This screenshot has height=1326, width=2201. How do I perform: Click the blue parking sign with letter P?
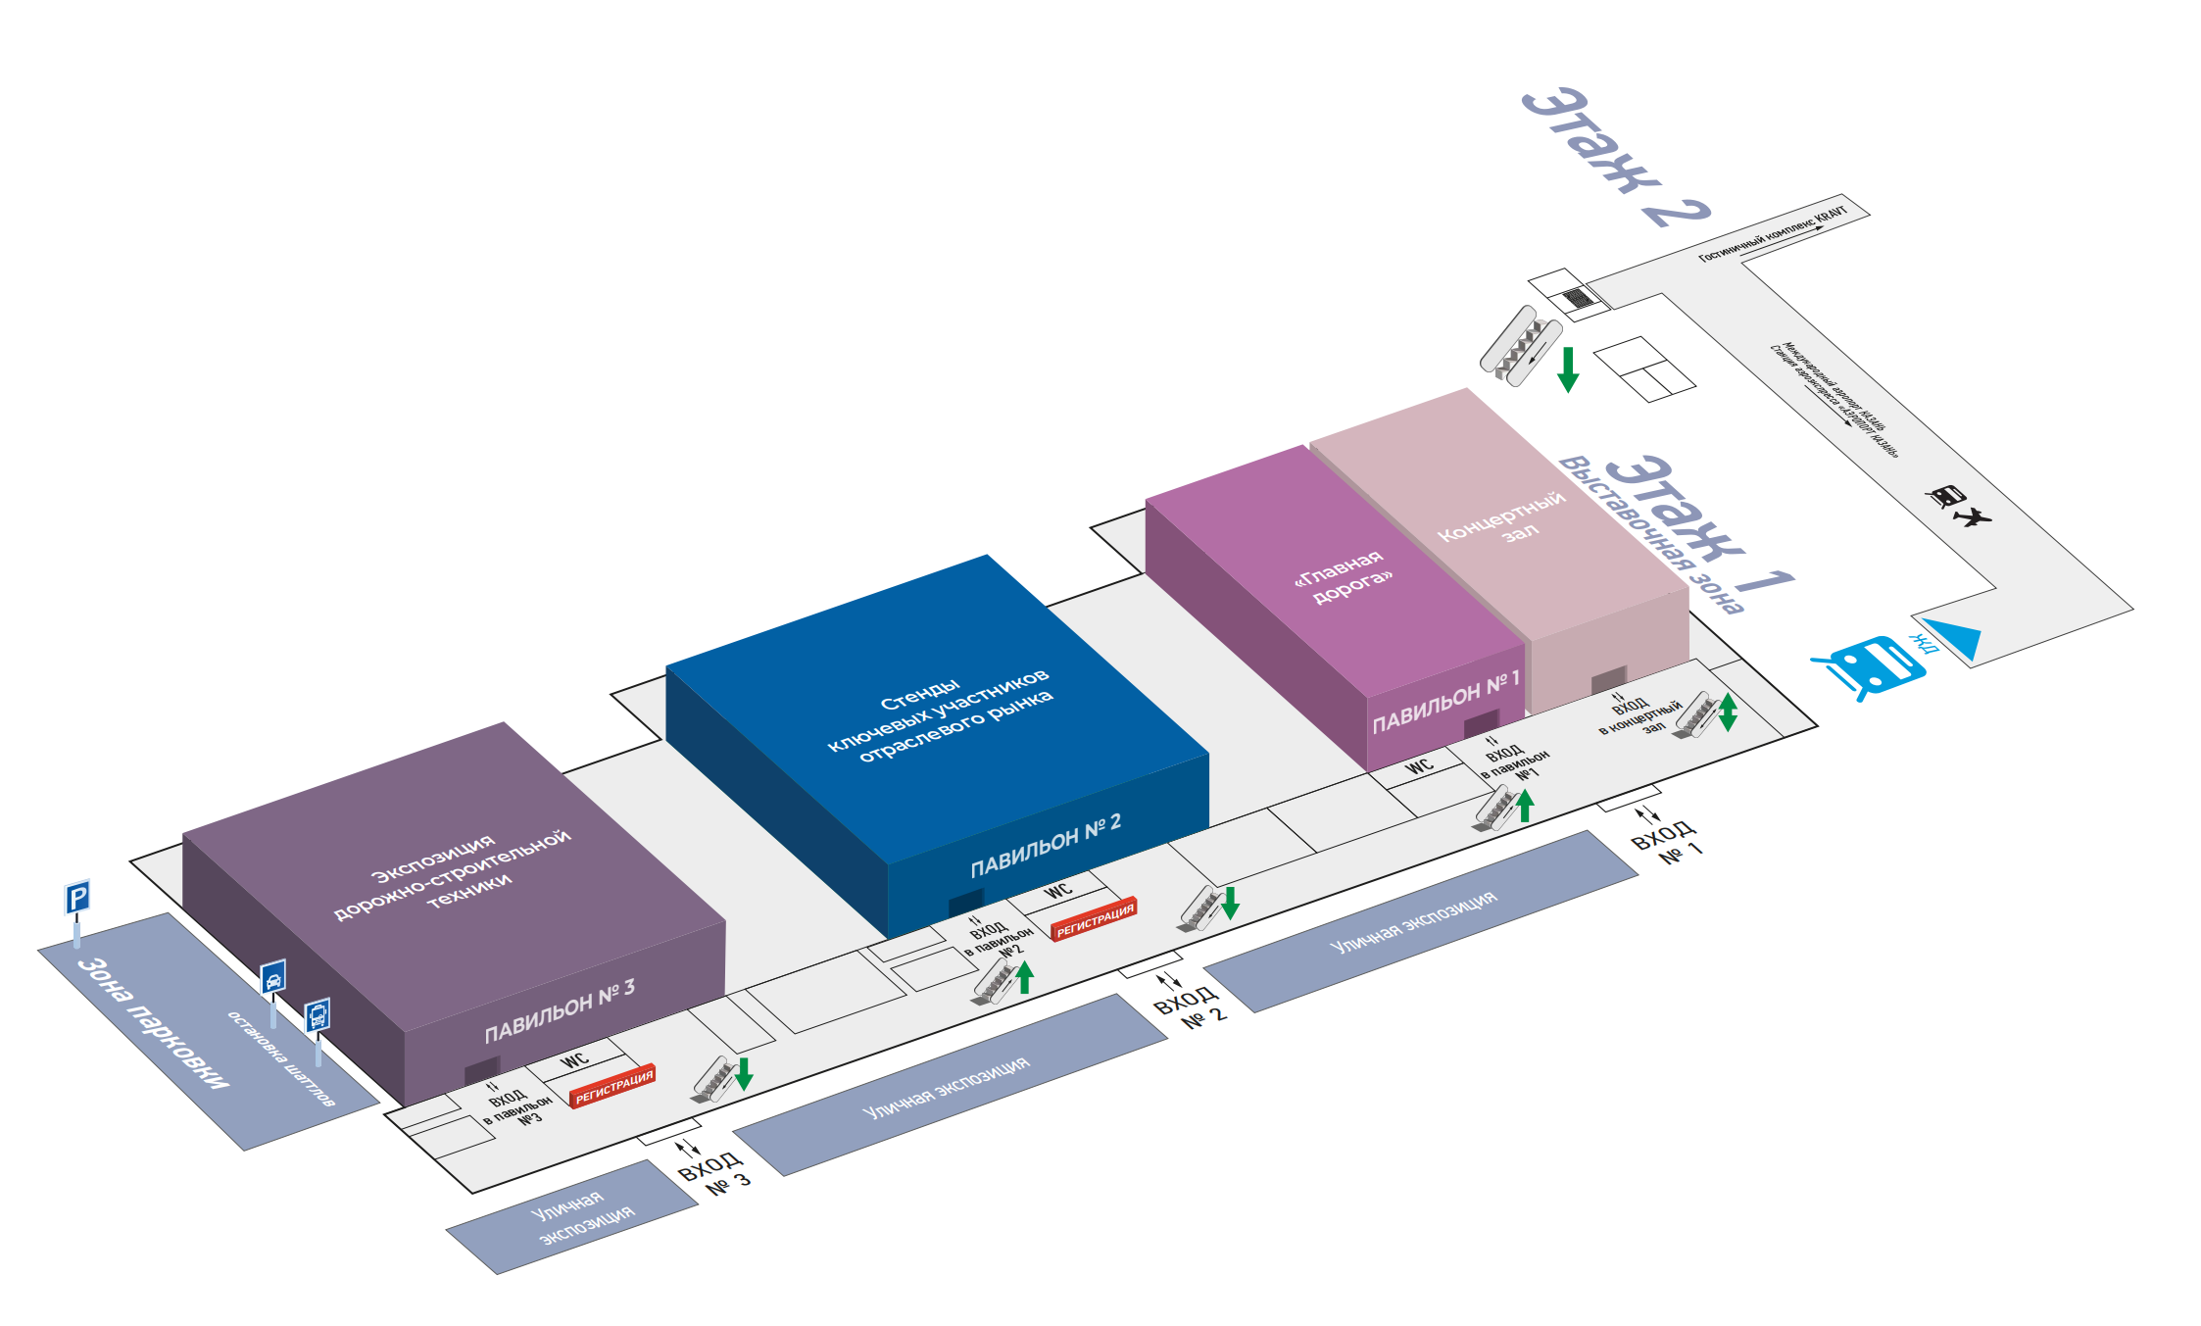pos(77,897)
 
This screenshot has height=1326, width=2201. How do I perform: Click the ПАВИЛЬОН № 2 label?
pos(1045,847)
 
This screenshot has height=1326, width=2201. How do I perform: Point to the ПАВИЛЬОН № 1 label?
pos(1445,703)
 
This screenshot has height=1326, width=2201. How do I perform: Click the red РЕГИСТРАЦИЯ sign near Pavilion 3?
pos(613,1086)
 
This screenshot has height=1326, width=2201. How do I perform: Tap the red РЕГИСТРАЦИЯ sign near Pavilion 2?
pos(1094,918)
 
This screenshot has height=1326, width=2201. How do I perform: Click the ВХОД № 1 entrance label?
pos(1666,843)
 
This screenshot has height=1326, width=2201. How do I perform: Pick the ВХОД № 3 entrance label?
pos(713,1173)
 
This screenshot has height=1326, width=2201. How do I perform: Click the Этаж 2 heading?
pos(1614,157)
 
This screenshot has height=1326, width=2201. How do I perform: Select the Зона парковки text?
pos(154,1023)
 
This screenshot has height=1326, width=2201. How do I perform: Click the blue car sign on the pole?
pos(273,977)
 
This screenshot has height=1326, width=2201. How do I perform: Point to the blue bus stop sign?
pos(318,1015)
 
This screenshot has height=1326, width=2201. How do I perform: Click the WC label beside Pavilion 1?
pos(1419,766)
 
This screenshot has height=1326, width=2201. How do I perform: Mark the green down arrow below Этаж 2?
pos(1568,368)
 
